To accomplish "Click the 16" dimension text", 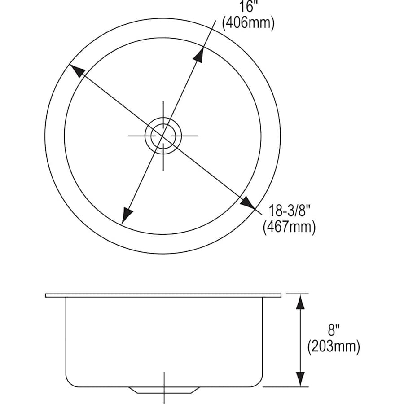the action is tap(247, 6).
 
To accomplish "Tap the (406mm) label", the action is tap(248, 23).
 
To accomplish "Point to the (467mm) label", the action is tap(289, 227).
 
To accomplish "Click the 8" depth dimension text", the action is tap(334, 330).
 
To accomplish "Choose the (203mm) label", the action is tap(334, 347).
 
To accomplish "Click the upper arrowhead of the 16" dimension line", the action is tap(199, 54).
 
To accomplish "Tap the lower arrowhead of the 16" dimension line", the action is tap(127, 215).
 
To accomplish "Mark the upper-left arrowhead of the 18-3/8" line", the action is tap(77, 70).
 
